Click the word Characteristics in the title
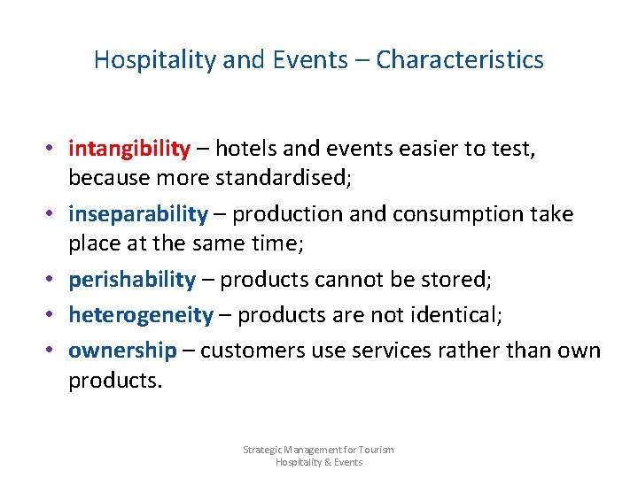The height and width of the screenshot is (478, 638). coord(459,60)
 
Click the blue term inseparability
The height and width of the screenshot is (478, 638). coord(138,213)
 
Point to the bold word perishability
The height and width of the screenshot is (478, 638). coord(132,280)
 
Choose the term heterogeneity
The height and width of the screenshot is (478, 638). coord(141,314)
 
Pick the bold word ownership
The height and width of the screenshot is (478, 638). coord(122,350)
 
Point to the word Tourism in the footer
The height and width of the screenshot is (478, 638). coord(376,450)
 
